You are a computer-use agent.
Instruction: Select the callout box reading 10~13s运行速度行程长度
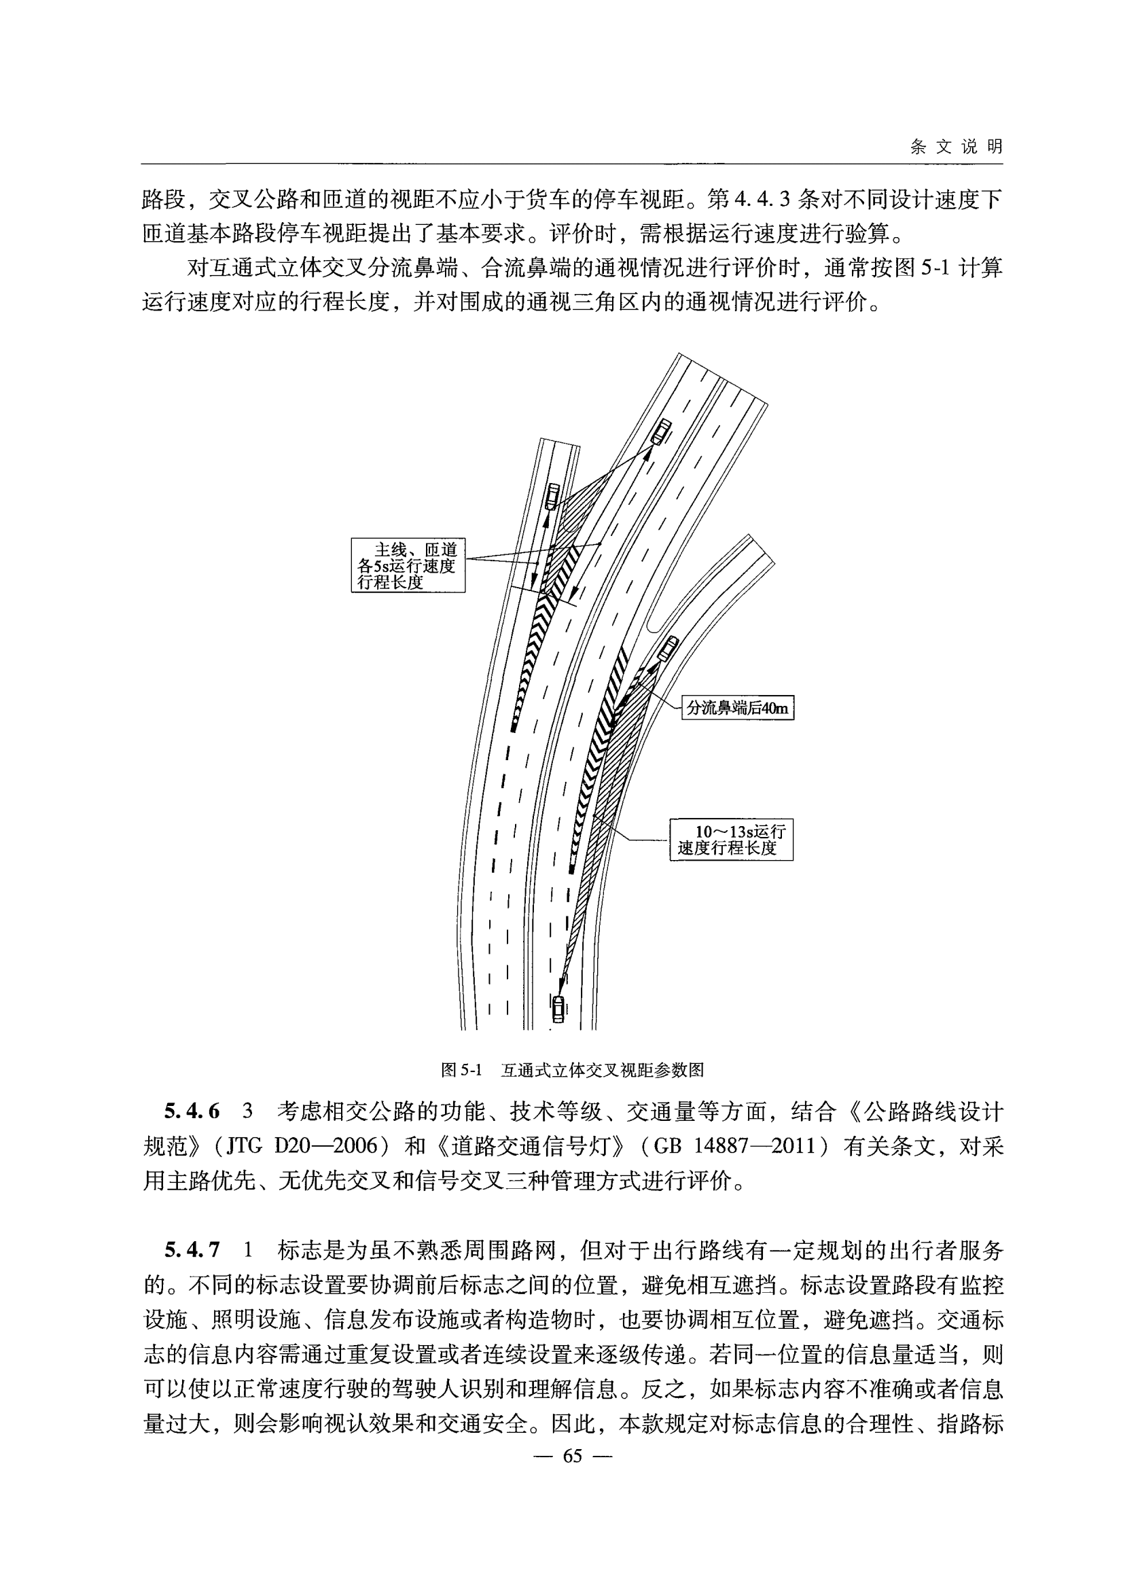731,840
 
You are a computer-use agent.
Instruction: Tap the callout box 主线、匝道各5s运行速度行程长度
408,565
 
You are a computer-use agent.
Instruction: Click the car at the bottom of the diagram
558,1008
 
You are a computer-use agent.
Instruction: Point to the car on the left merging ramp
552,495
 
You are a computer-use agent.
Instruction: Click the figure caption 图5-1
461,1070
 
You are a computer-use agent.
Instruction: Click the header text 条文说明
956,147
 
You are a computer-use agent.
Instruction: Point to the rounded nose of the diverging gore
654,627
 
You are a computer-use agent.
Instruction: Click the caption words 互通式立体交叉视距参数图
602,1070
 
